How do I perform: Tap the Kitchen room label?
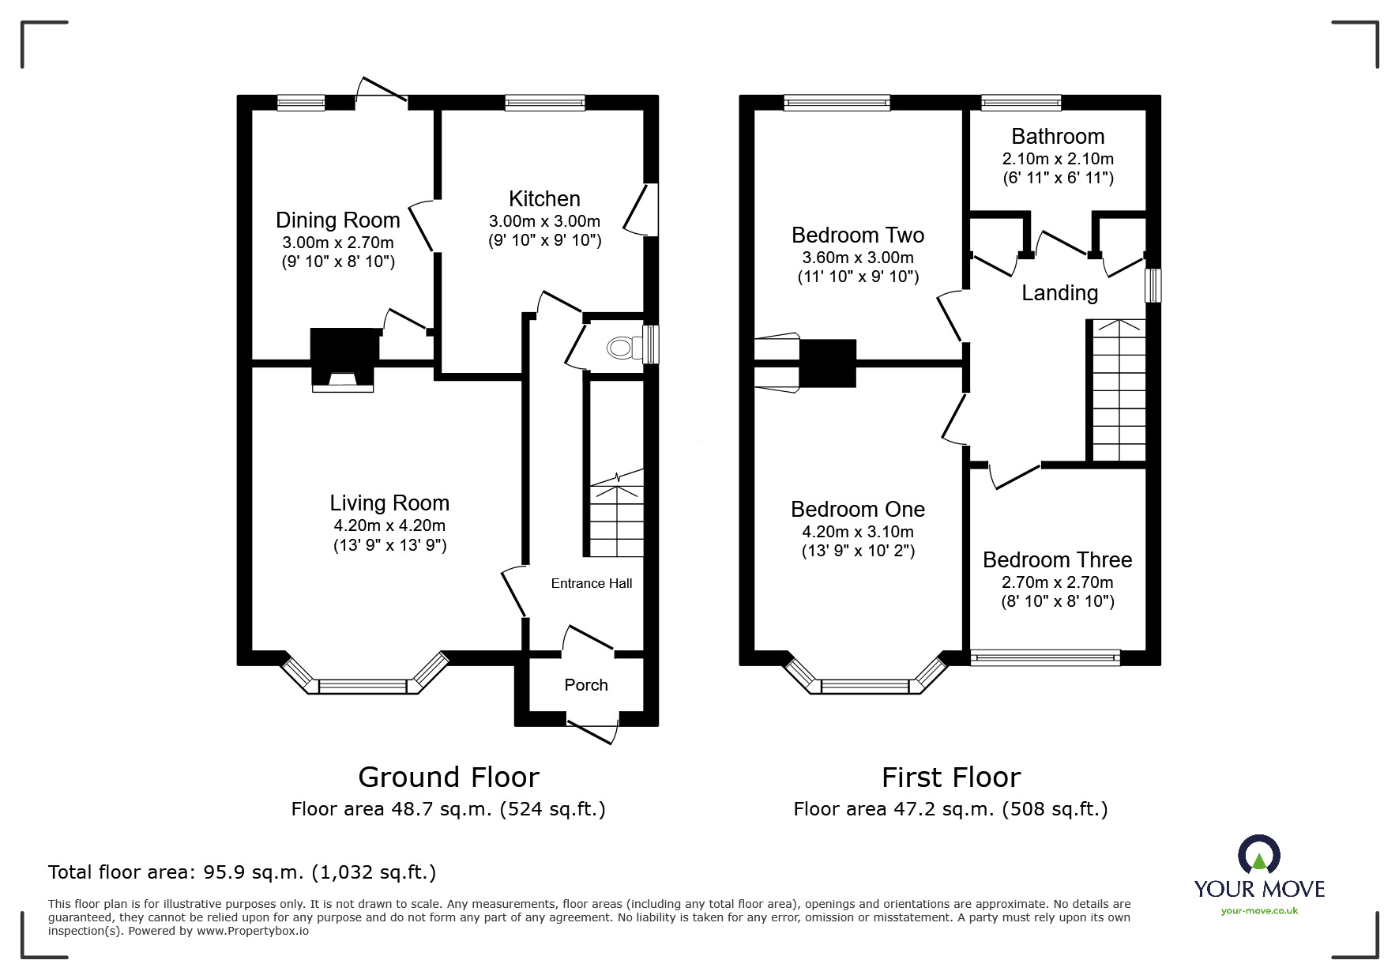pos(544,199)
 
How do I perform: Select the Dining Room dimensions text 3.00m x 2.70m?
pos(338,243)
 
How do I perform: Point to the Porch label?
pos(586,685)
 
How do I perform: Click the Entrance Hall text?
pos(592,584)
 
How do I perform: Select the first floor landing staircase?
pos(1119,391)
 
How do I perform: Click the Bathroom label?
pos(1058,137)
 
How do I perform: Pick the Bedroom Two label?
pos(858,235)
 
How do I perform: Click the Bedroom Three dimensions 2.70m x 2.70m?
pos(1058,582)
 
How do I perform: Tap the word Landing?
pos(1059,293)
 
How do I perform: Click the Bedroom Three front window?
pos(1045,657)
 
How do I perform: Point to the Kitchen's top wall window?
pos(545,102)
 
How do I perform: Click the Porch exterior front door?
pos(593,728)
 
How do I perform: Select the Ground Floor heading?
pos(448,778)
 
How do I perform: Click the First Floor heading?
pos(950,778)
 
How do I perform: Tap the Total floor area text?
pos(242,872)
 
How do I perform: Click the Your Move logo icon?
pos(1258,856)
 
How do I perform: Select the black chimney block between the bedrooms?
pos(828,363)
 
